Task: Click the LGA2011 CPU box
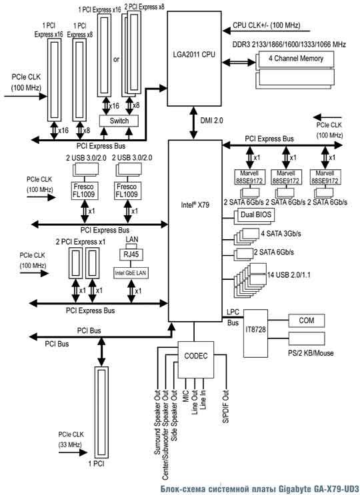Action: tap(195, 59)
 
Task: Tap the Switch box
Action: tap(119, 121)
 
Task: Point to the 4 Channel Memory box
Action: tap(296, 59)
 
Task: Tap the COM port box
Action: tap(307, 320)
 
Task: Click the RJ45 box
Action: tap(131, 254)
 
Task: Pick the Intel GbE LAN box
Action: tap(131, 273)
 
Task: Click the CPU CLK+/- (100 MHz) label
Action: tap(266, 25)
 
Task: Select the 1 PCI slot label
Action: tap(96, 464)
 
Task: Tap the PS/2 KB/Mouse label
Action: tap(307, 353)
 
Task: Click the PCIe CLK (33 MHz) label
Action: tap(71, 439)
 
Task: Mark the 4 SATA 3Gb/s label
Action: tap(281, 234)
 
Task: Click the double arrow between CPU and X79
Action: tap(195, 123)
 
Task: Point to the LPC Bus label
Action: tap(233, 317)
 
